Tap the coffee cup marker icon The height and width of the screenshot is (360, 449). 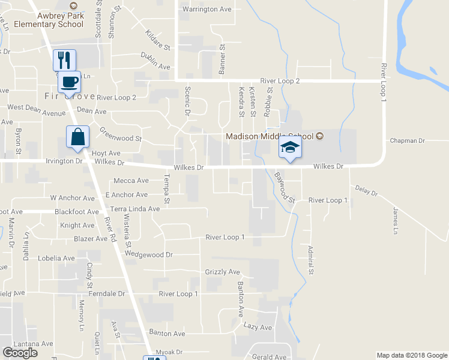point(70,81)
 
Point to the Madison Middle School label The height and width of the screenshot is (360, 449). point(270,136)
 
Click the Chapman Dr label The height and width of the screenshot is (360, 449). point(407,140)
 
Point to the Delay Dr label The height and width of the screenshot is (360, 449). point(366,190)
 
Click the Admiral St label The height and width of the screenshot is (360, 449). point(311,260)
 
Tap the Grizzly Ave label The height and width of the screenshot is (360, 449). point(222,272)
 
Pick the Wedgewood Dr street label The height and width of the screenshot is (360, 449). point(149,255)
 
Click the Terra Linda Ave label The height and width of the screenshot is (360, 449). point(135,209)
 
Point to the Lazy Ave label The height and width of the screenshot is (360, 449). point(258,328)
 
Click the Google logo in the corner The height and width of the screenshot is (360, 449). point(20,353)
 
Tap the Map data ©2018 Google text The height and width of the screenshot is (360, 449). point(411,355)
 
